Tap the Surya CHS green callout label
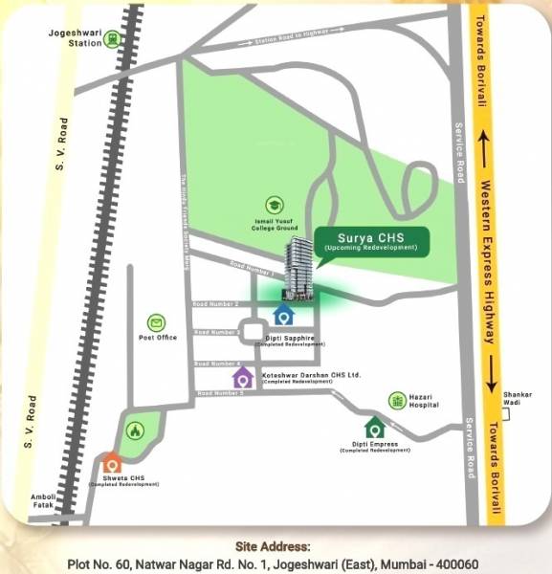coord(370,242)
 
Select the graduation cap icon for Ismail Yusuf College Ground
coord(275,205)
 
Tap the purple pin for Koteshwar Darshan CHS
coord(243,376)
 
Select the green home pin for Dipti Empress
coord(374,427)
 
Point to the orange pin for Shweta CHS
coord(112,466)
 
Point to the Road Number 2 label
coord(215,303)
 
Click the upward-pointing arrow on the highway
coord(486,148)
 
